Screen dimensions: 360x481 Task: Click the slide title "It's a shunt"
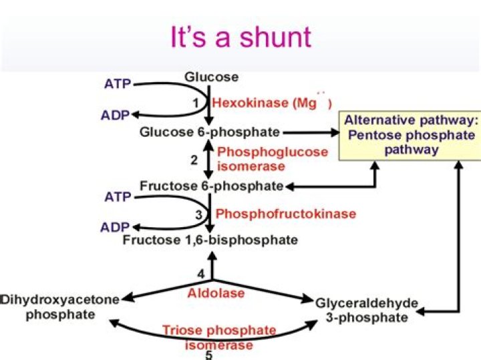[240, 37]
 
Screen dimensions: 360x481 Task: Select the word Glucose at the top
[211, 77]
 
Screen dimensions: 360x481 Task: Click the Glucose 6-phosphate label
[209, 132]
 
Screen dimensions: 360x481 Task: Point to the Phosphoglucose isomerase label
[272, 159]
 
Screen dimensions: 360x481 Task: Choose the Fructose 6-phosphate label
[211, 185]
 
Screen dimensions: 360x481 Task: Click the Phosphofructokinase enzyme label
[285, 214]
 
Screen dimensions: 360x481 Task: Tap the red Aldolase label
[215, 293]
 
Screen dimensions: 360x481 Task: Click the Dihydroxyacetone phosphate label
[60, 307]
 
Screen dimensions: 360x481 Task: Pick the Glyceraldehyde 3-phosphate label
[367, 310]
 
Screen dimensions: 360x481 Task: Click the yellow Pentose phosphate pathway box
[411, 136]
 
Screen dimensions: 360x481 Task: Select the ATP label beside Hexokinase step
[118, 84]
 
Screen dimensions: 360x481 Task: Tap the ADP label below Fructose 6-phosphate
[115, 227]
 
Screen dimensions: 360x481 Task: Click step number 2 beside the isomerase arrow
[194, 160]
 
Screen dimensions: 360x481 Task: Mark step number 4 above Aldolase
[200, 275]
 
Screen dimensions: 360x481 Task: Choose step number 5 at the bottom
[208, 355]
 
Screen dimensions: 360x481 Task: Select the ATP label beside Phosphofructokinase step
[118, 197]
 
